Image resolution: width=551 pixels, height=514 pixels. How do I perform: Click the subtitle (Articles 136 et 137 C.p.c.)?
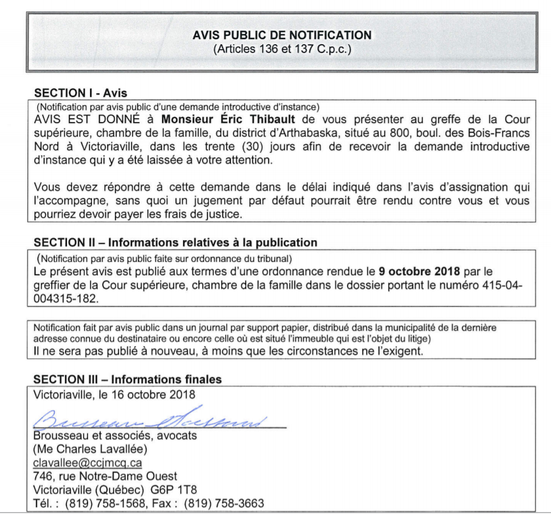tap(282, 49)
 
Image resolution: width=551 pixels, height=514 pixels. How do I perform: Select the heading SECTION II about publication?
tap(175, 243)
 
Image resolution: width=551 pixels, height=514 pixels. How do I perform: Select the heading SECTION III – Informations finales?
tap(128, 379)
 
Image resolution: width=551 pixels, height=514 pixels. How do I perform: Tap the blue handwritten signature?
tap(153, 420)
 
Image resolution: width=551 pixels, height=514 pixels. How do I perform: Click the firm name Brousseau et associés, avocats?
tap(106, 436)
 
